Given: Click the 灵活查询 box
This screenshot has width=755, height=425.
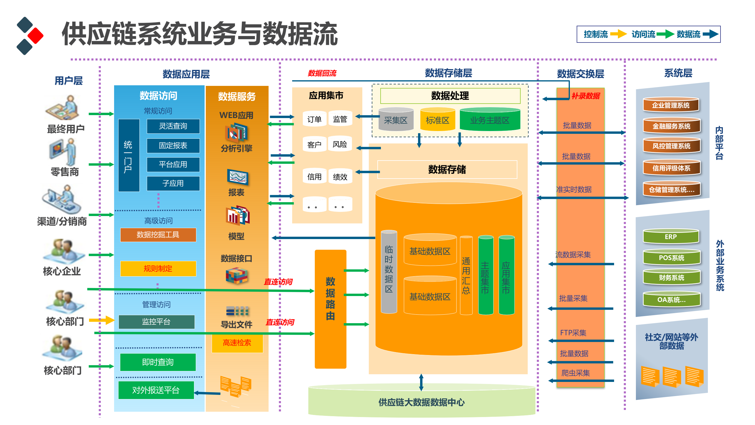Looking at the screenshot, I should [x=173, y=126].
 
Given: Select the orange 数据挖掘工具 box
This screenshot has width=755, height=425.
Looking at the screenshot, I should [x=158, y=235].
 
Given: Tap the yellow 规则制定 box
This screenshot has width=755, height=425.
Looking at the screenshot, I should [x=158, y=269].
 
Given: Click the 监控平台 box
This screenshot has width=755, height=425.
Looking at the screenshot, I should [x=157, y=322].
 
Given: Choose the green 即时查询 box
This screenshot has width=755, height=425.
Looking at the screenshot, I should [x=158, y=362].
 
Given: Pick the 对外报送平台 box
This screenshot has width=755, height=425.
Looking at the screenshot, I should [x=156, y=390].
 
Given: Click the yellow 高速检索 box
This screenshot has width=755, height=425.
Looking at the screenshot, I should [x=237, y=343].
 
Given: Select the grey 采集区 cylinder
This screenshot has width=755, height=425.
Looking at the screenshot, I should [x=396, y=120].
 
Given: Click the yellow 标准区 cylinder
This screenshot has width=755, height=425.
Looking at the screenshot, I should [x=437, y=120].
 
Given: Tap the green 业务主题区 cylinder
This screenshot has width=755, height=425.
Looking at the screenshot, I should [x=490, y=120].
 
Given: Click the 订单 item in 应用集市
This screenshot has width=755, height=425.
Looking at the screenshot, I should [x=314, y=119].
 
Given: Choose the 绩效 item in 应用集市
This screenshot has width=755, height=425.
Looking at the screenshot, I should [x=340, y=177].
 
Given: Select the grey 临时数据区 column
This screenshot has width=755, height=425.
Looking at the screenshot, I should [x=389, y=272].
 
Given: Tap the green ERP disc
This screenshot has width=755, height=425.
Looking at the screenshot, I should [x=671, y=237].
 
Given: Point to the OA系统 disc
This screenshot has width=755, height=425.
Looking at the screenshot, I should [x=671, y=300].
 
